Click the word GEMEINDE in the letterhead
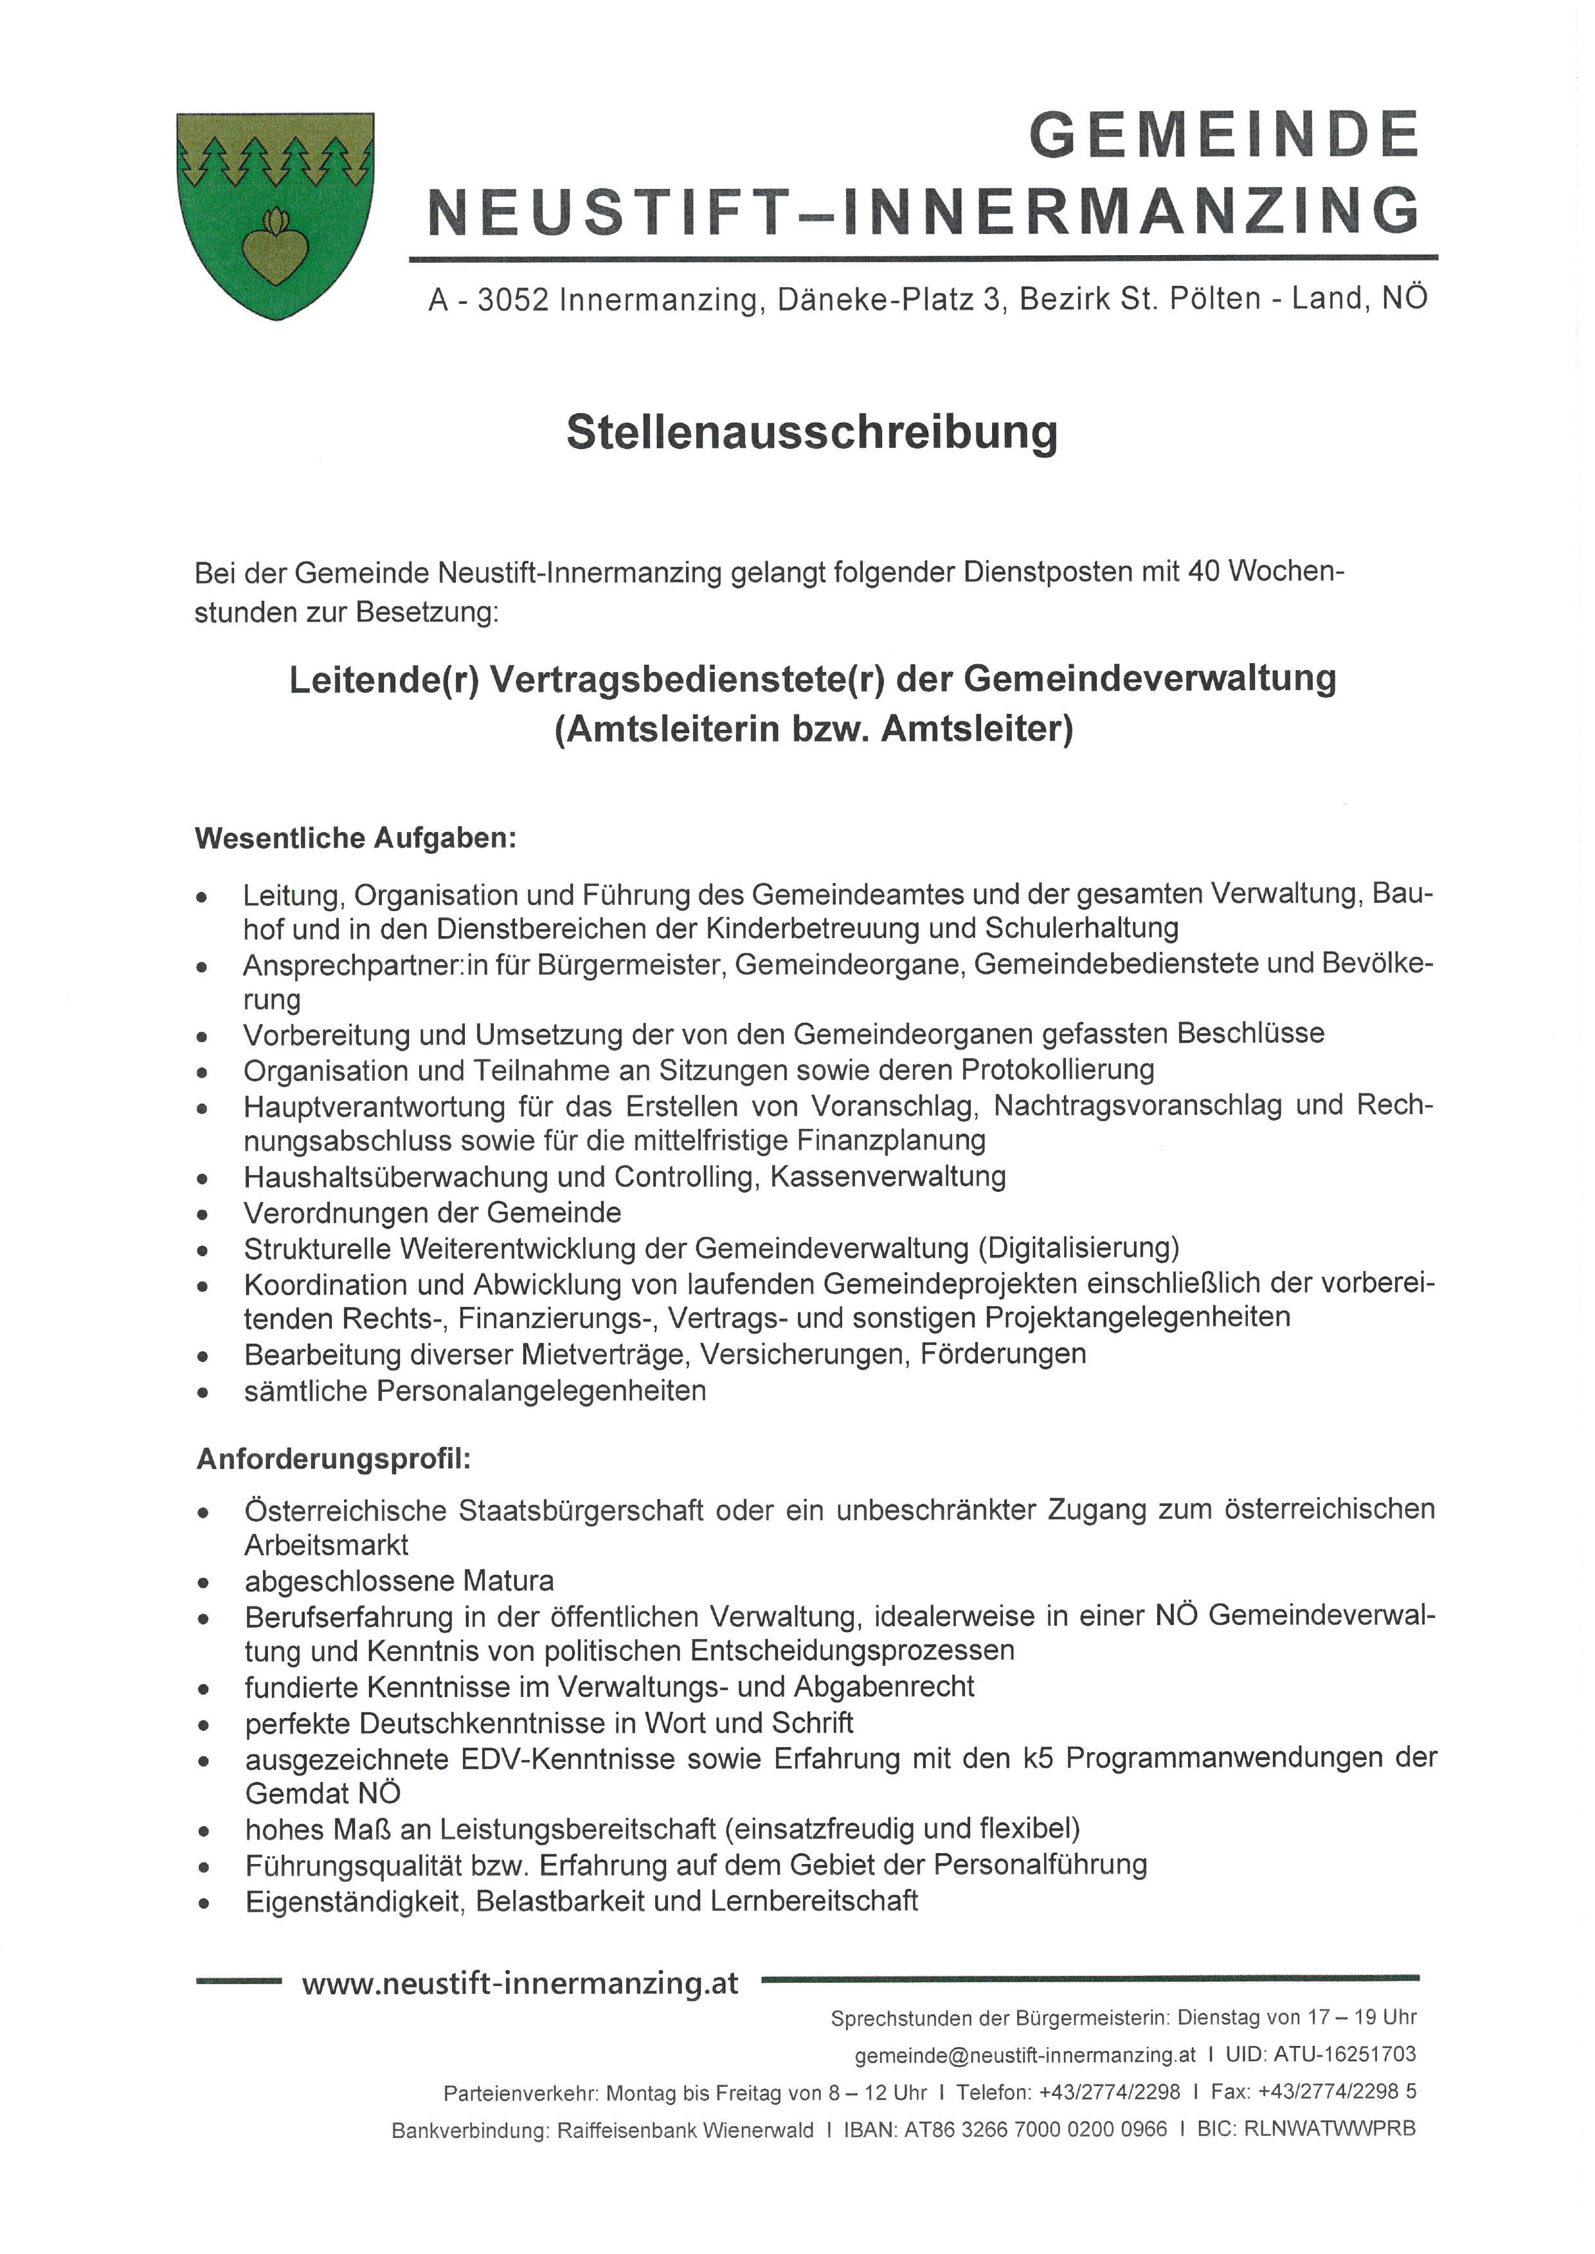1224,134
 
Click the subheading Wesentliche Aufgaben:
356,839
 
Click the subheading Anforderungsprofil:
334,1459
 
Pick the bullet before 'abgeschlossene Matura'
203,1583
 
